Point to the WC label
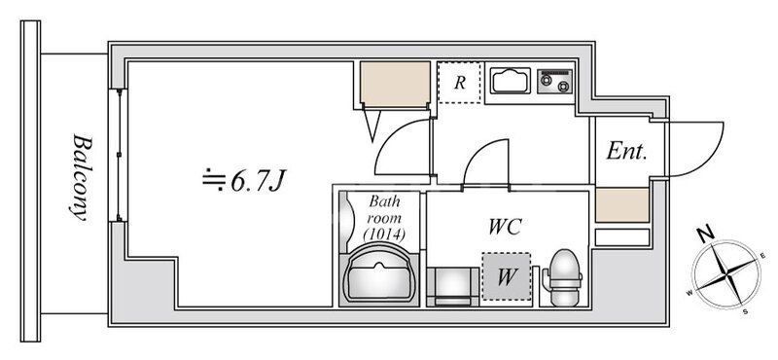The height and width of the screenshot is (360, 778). click(506, 227)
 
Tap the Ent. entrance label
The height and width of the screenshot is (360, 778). click(627, 152)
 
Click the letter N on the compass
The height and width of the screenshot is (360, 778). click(707, 234)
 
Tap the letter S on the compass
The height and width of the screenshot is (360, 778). click(745, 311)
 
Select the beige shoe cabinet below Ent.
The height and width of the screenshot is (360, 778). click(621, 205)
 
